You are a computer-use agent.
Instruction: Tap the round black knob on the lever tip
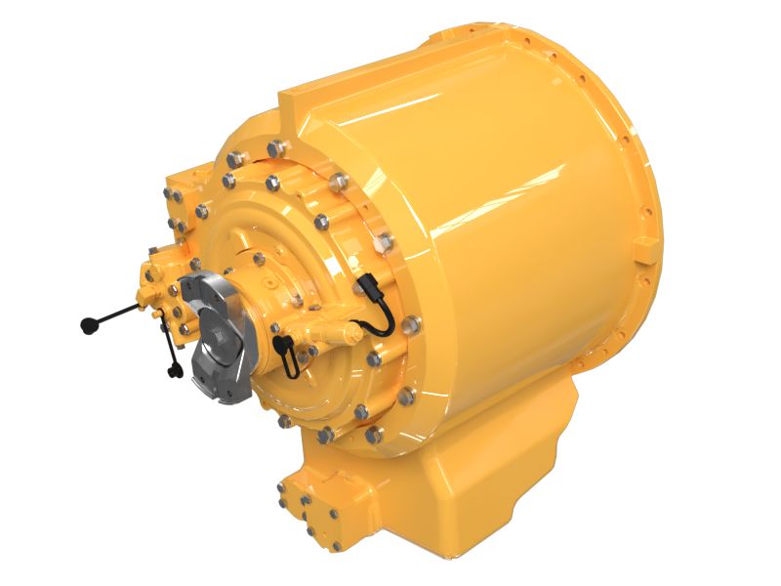87,325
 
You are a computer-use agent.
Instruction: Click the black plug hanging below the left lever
176,369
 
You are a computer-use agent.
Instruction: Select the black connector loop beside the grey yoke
285,349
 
